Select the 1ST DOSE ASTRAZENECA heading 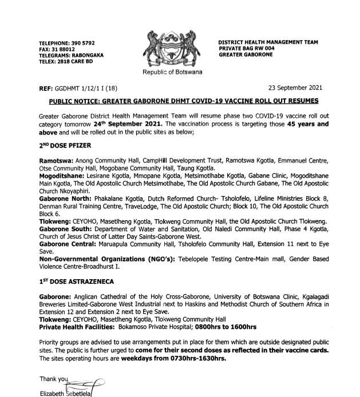[74, 282]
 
